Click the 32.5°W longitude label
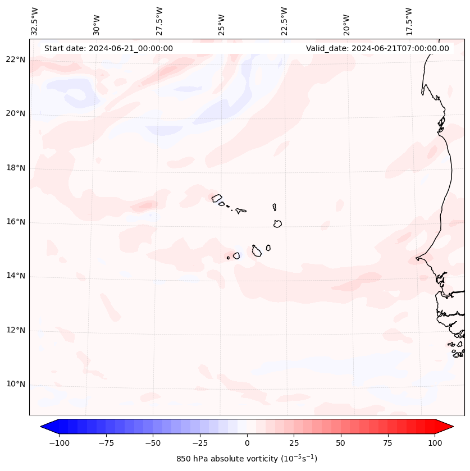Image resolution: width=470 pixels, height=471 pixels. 35,21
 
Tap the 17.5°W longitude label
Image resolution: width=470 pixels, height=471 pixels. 409,21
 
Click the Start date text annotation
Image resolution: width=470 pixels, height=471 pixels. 108,48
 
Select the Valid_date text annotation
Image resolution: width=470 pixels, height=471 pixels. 377,48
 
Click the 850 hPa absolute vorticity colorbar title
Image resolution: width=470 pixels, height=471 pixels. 247,459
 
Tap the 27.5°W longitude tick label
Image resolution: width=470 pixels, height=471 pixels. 159,21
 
